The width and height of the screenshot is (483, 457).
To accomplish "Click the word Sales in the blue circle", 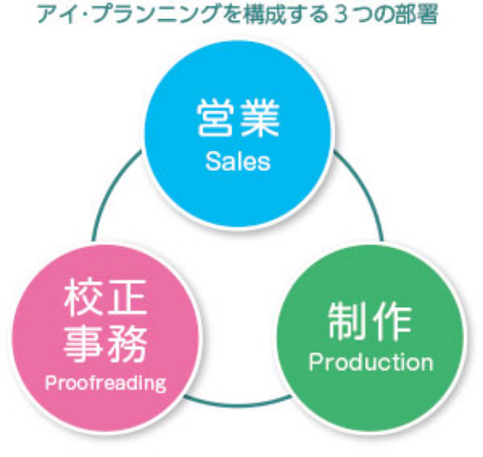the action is click(238, 162).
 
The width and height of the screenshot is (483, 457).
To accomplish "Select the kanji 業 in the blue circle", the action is click(260, 119).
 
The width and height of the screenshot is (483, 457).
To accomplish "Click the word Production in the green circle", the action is click(371, 362).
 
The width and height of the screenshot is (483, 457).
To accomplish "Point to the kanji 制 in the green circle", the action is click(347, 321).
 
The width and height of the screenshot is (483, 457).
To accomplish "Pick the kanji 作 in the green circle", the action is click(392, 321).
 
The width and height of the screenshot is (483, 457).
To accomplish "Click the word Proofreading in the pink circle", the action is click(105, 383).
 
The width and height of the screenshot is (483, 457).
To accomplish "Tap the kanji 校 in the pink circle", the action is click(84, 297).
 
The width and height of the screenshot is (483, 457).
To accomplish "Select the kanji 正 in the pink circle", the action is click(127, 297).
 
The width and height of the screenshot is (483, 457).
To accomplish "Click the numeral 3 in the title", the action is click(340, 15).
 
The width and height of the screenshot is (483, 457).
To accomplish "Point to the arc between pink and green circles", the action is click(238, 403).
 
